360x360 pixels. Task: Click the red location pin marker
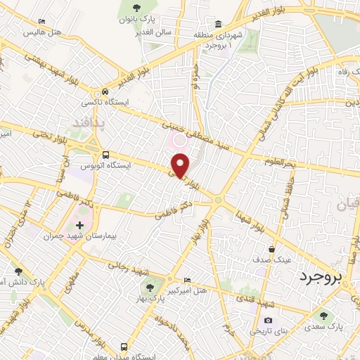(180, 166)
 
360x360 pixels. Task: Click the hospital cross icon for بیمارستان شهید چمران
(79, 226)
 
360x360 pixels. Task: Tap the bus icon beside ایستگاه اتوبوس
(105, 155)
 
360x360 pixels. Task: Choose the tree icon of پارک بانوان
(136, 8)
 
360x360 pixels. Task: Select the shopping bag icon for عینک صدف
(271, 248)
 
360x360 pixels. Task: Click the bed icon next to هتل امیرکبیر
(186, 279)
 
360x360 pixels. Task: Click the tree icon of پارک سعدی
(323, 316)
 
